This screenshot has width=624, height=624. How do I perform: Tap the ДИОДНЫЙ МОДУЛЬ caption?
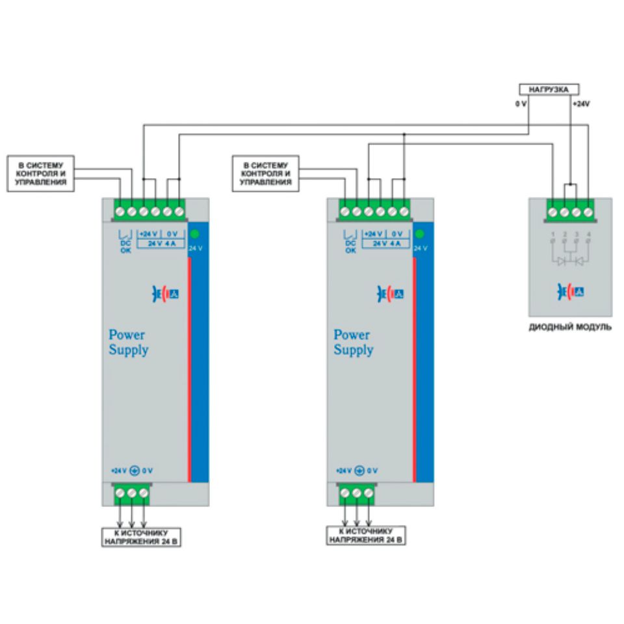(x=570, y=328)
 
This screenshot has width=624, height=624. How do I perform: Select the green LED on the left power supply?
(x=194, y=235)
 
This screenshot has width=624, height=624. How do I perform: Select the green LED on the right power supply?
(x=419, y=235)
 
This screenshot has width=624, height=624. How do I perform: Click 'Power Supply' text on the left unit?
(x=128, y=343)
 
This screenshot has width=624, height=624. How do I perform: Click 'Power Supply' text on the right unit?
(x=354, y=343)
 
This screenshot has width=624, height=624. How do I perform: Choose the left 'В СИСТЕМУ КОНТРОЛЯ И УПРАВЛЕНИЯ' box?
(x=40, y=174)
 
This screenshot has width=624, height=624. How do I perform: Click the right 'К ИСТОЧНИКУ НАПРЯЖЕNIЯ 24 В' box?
(x=367, y=536)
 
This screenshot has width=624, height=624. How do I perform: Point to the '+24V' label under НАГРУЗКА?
(x=581, y=104)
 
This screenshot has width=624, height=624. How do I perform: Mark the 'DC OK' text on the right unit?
(x=350, y=246)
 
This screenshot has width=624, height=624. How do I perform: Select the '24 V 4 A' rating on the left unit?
(x=160, y=244)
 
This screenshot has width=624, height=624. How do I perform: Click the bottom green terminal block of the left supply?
(x=131, y=495)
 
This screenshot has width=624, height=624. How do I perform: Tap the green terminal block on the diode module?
(x=569, y=211)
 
